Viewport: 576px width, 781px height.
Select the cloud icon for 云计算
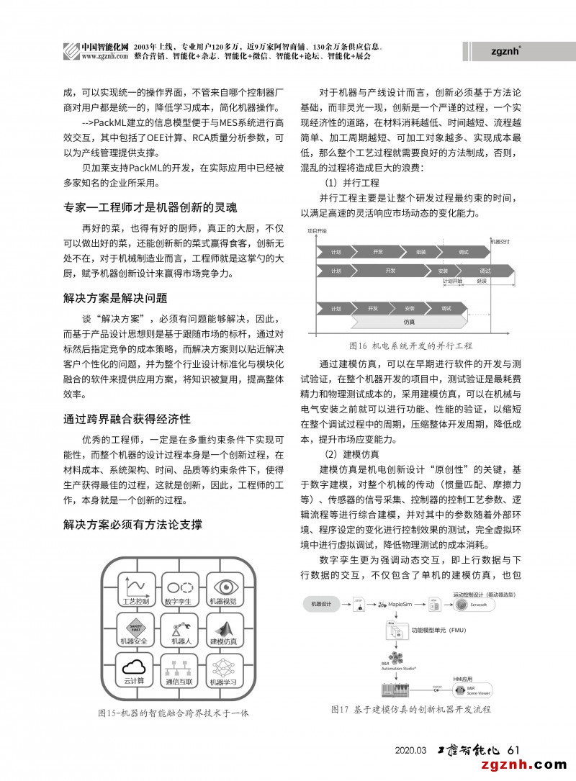(135, 667)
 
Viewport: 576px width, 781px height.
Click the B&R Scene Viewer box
(472, 690)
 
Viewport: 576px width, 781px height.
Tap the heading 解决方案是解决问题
(115, 297)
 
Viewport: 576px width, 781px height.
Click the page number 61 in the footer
(514, 750)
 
